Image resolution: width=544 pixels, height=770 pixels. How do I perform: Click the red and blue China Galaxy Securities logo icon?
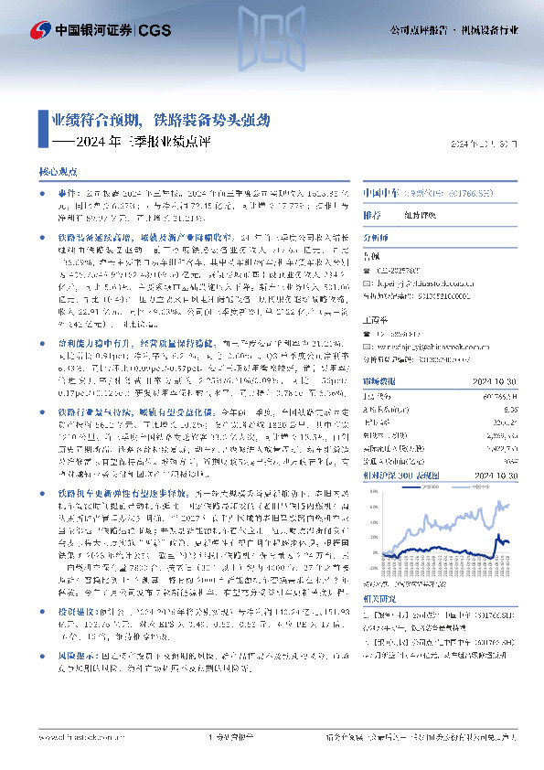(41, 29)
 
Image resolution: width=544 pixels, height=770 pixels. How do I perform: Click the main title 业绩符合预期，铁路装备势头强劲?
(160, 120)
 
